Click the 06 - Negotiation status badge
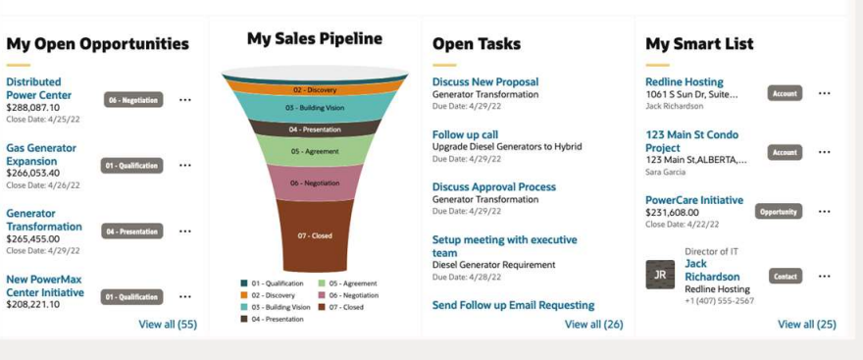click(133, 99)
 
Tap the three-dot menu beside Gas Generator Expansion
click(185, 165)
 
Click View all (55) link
click(168, 324)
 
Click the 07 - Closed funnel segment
click(315, 235)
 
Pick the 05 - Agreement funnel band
click(315, 151)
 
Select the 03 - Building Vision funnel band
click(315, 107)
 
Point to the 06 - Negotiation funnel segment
click(315, 182)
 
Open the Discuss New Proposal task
click(485, 82)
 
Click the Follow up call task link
click(465, 134)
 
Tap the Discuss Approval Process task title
click(494, 186)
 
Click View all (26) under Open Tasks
click(594, 324)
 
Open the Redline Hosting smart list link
click(685, 82)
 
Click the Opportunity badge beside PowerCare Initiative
click(779, 211)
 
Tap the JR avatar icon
click(660, 275)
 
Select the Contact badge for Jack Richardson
click(785, 276)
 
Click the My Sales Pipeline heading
click(315, 39)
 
